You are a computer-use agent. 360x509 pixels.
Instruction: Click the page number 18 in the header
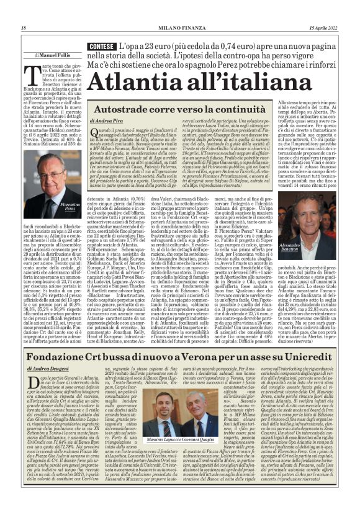[24, 28]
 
